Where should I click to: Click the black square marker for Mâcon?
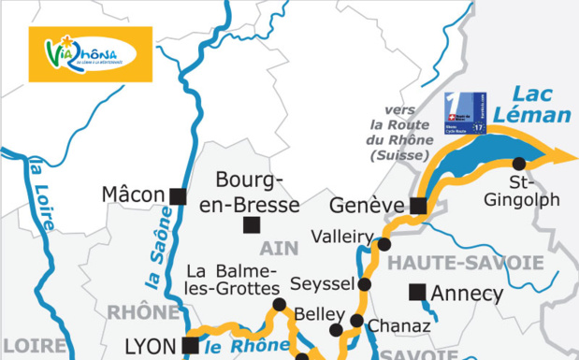click(x=177, y=195)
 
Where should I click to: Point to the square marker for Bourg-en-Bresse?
click(x=251, y=224)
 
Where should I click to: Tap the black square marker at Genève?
click(x=418, y=206)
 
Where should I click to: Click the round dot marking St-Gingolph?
click(x=519, y=163)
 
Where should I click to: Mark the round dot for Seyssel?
click(x=365, y=284)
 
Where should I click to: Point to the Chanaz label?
click(x=399, y=326)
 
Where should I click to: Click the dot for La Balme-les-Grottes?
click(x=278, y=305)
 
